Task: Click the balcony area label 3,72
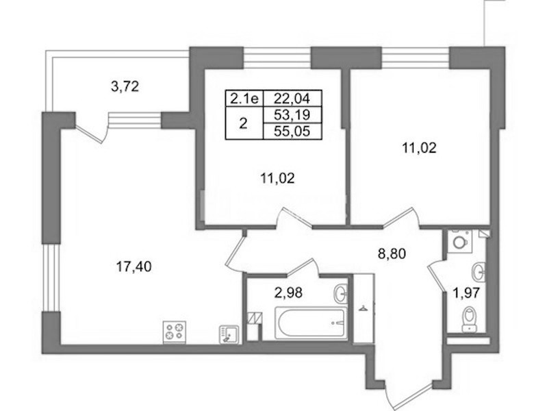coord(125,86)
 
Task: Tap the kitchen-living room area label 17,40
coord(133,267)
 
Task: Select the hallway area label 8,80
coord(392,253)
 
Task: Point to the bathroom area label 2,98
coord(288,292)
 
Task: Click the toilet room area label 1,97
coord(466,293)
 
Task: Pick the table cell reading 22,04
coord(292,99)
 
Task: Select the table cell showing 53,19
coord(292,114)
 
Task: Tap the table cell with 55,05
coord(292,131)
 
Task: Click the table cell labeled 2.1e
coord(244,99)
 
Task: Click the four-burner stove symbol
coord(175,332)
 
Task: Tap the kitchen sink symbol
coord(229,334)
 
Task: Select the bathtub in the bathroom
coord(311,323)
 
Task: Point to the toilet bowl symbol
coord(469,319)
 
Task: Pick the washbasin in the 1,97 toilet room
coord(479,271)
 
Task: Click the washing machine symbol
coord(459,240)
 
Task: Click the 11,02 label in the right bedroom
coord(419,149)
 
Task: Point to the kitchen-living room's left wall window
coord(51,277)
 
